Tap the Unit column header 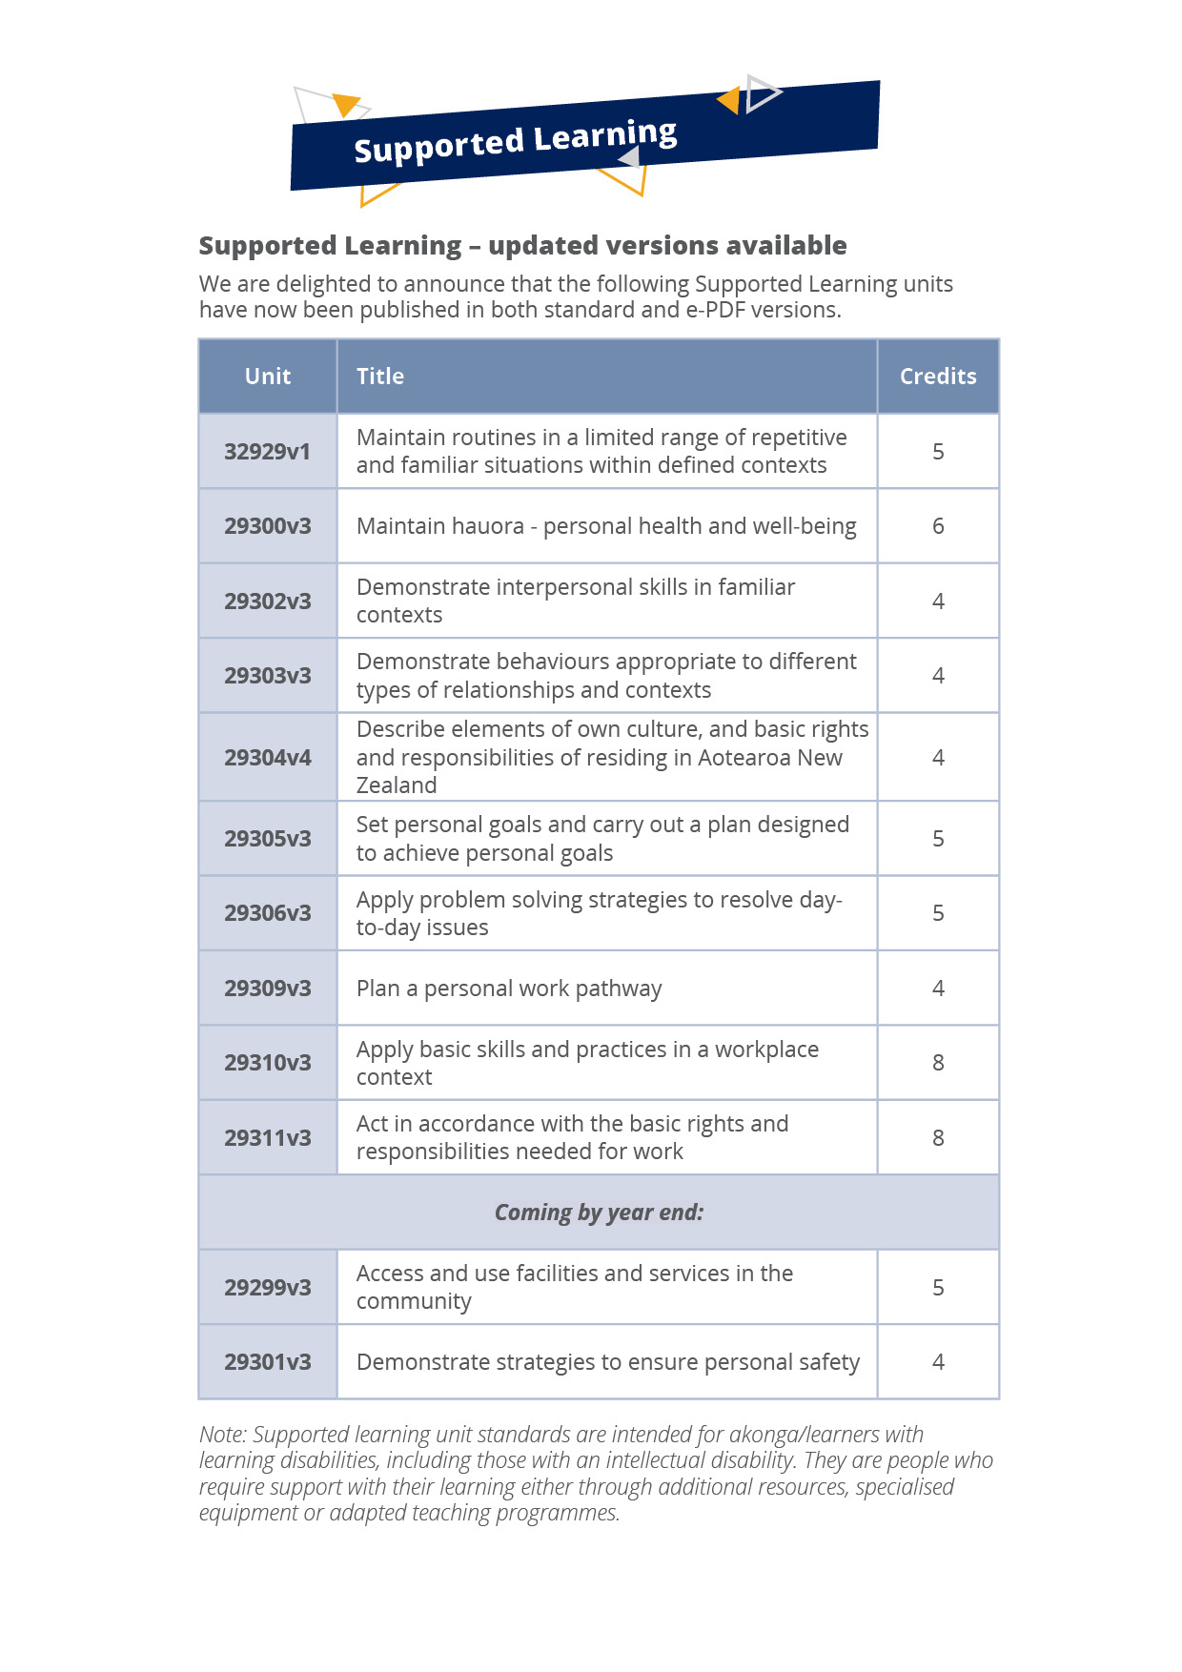pos(268,377)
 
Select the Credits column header pos(938,377)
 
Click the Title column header pos(380,377)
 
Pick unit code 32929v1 pos(268,452)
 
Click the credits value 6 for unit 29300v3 pos(938,526)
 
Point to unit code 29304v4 pos(268,758)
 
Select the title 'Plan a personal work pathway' pos(509,989)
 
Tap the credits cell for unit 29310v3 pos(938,1063)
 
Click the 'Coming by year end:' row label pos(599,1213)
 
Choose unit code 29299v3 pos(268,1288)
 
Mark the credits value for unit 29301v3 pos(938,1362)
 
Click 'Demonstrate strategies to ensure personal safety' pos(608,1362)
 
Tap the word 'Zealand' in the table pos(397,785)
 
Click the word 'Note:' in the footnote pos(223,1435)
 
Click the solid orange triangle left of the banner pos(345,103)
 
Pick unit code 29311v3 pos(268,1138)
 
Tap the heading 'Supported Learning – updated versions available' pos(522,246)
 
